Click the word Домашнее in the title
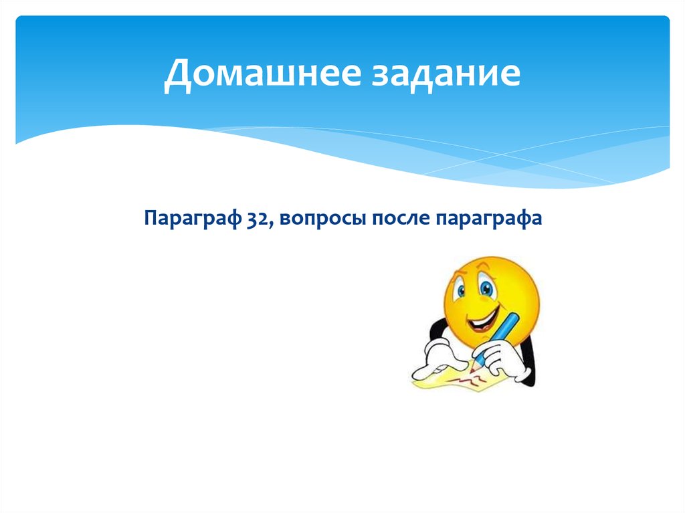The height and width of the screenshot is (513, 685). coord(258,75)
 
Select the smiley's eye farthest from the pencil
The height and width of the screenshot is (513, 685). coord(462,290)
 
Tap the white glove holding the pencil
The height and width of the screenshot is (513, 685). coord(498,358)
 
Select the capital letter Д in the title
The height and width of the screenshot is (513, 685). coord(176,75)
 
